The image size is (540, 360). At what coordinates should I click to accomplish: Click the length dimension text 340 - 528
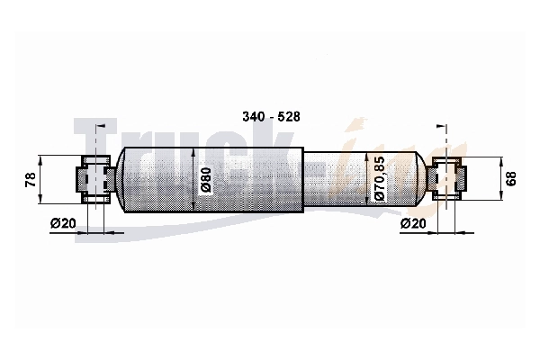271,117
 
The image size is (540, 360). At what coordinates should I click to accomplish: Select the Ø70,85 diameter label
379,178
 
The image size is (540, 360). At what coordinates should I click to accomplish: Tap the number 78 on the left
31,179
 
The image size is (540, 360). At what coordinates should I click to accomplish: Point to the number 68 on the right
511,178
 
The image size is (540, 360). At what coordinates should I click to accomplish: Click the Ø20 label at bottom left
63,223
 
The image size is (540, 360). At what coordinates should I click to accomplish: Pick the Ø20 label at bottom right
413,223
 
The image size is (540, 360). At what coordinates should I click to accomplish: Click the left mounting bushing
96,179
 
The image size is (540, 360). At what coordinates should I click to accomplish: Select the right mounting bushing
446,178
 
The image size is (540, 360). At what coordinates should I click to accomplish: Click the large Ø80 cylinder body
213,179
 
